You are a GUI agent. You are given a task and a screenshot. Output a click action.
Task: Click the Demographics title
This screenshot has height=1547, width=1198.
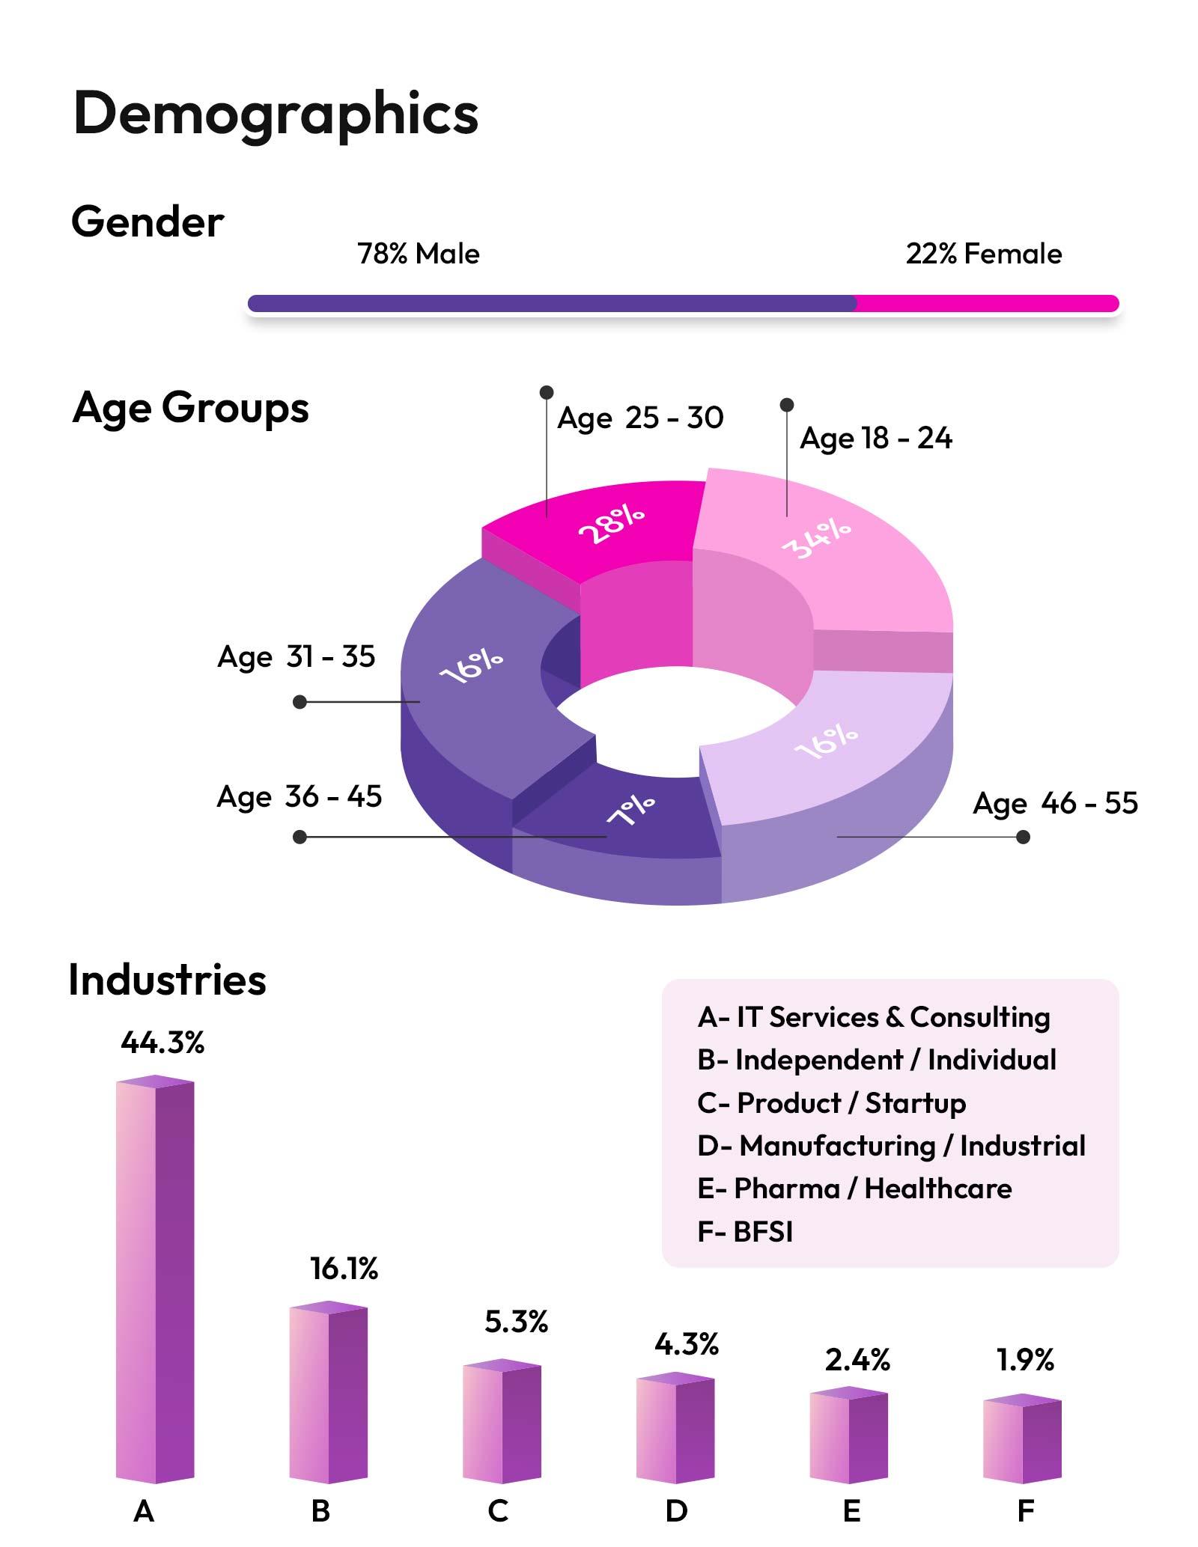[x=276, y=114]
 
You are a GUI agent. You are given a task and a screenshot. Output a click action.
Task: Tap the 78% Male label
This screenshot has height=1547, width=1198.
[x=418, y=254]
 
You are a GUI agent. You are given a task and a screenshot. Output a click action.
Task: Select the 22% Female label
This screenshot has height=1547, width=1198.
[x=983, y=254]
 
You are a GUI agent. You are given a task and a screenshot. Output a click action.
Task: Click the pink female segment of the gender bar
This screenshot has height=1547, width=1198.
[x=987, y=303]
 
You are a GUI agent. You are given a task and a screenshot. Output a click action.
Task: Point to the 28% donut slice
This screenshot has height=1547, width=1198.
[x=610, y=524]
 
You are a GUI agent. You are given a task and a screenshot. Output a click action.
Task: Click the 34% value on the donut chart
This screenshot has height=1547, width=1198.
[x=816, y=539]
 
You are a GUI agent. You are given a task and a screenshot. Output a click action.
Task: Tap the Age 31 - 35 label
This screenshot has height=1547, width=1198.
[x=296, y=656]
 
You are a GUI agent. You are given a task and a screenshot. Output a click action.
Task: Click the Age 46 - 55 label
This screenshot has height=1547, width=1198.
[x=1055, y=803]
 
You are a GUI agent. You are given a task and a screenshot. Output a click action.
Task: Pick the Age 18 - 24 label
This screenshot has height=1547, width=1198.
[x=875, y=438]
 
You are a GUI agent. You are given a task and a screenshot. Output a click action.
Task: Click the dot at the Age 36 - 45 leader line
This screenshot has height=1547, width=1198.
[x=299, y=837]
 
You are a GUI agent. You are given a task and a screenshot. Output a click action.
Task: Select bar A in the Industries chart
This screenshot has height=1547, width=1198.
[x=155, y=1280]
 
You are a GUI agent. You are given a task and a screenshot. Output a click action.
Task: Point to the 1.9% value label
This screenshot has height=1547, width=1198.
[x=1025, y=1360]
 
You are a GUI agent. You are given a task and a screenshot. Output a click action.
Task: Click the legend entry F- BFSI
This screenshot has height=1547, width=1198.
[x=744, y=1231]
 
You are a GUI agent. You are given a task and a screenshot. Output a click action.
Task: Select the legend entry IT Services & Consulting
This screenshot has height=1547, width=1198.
[x=873, y=1017]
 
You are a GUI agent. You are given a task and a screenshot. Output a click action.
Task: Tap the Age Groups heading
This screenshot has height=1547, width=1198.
[x=190, y=409]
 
